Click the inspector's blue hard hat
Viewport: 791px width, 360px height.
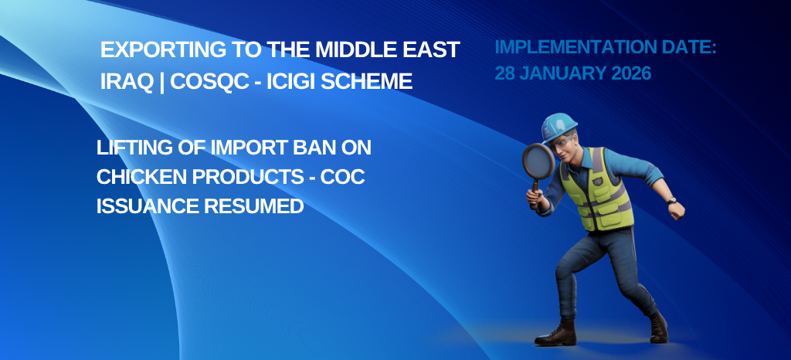559,126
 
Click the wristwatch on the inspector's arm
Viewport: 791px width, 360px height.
671,201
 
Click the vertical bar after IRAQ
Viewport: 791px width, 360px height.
161,82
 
